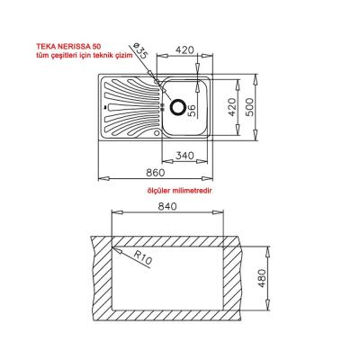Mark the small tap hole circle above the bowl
[159, 83]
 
